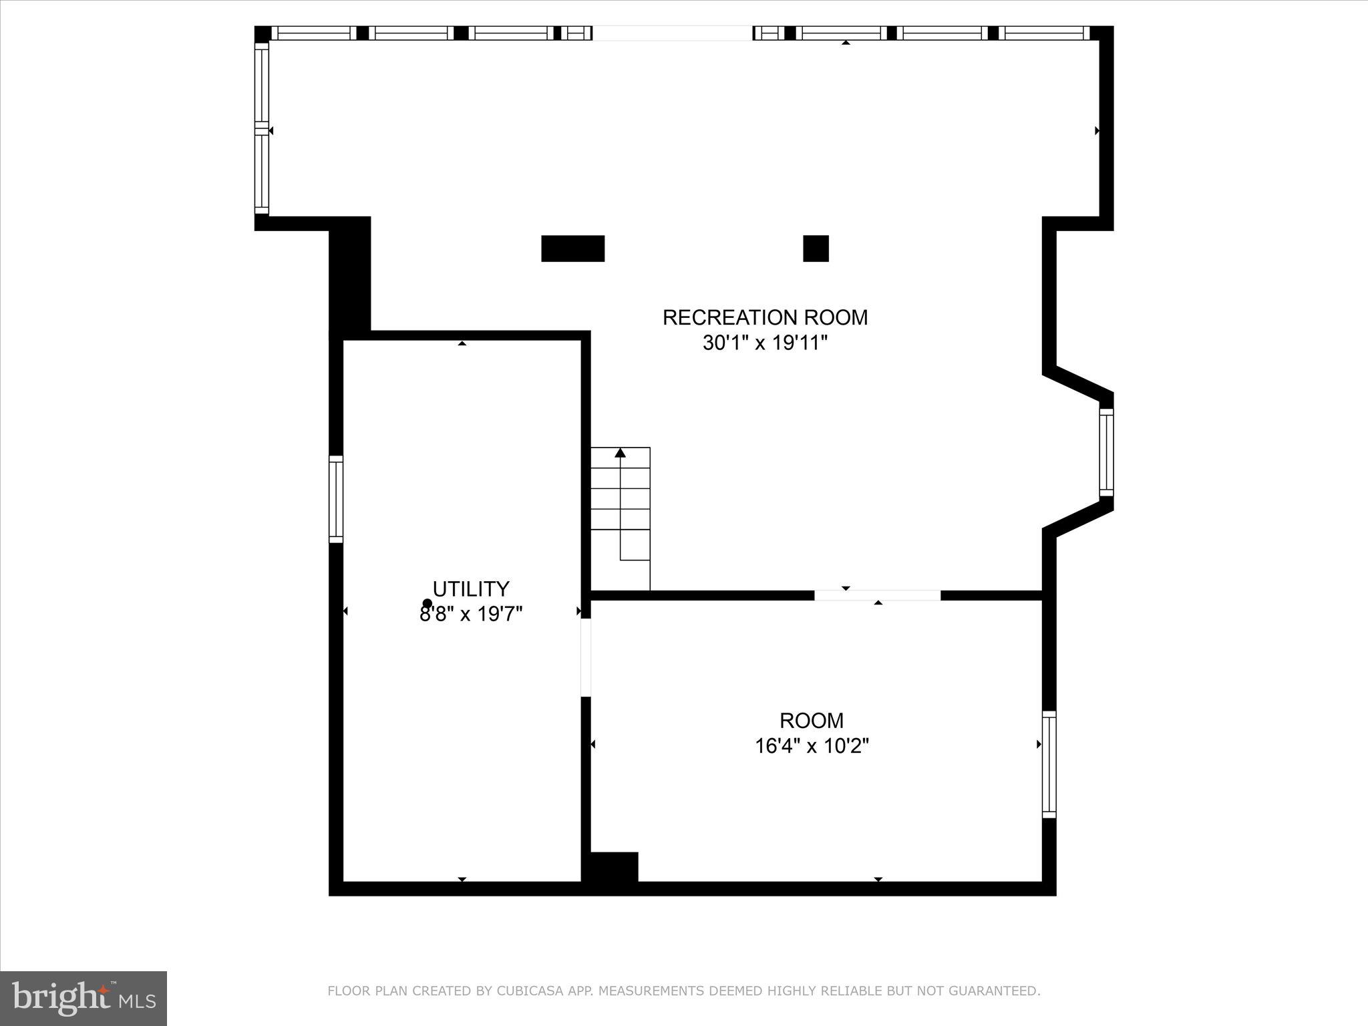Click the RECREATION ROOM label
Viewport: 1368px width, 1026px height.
click(x=765, y=317)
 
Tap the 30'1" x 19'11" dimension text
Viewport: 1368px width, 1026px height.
click(x=765, y=343)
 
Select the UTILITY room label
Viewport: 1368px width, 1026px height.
click(x=471, y=588)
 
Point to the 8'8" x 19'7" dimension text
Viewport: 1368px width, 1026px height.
click(x=471, y=614)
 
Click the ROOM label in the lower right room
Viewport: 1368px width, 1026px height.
click(x=812, y=720)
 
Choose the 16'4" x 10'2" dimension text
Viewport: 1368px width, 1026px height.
click(x=812, y=745)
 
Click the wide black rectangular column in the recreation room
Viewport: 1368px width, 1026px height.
click(x=572, y=248)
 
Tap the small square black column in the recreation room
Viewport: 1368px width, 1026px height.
click(x=816, y=248)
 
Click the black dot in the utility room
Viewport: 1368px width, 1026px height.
click(x=427, y=603)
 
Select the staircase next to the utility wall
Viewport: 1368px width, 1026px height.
click(x=621, y=518)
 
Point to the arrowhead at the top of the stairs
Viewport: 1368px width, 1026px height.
click(x=621, y=453)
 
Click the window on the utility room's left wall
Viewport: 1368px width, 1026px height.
click(x=336, y=499)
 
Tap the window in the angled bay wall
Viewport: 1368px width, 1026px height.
click(x=1107, y=452)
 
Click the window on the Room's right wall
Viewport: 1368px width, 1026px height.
click(x=1049, y=764)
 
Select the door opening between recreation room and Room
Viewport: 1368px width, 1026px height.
click(x=878, y=595)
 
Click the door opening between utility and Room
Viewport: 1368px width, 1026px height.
click(x=586, y=658)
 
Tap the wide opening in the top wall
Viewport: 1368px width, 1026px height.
click(x=673, y=33)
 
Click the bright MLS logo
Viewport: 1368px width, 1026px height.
click(x=83, y=998)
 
